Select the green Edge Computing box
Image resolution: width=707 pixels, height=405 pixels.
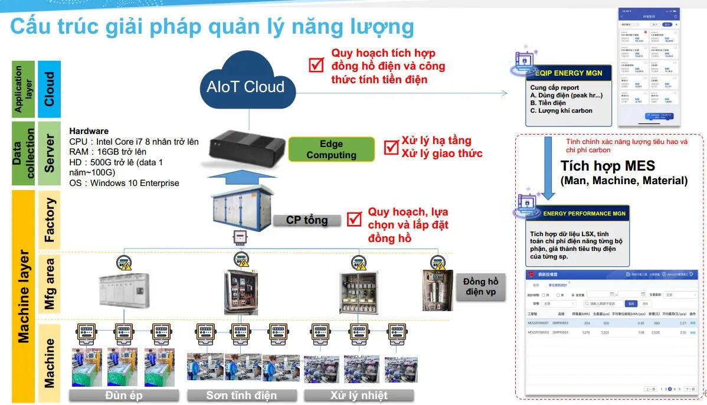(331, 149)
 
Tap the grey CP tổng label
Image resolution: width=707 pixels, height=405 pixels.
(307, 220)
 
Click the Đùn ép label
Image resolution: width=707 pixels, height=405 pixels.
(125, 395)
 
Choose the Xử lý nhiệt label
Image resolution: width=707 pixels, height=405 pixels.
(359, 395)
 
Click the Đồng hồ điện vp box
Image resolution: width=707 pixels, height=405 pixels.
(481, 288)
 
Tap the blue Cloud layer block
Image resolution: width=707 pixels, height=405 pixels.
(50, 89)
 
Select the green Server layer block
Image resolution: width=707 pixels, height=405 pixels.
(50, 153)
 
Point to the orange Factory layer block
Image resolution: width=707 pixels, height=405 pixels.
(50, 220)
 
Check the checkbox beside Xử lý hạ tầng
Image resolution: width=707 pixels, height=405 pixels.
(391, 147)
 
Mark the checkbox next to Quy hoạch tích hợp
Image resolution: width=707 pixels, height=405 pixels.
(317, 64)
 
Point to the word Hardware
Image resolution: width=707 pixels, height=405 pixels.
(89, 130)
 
